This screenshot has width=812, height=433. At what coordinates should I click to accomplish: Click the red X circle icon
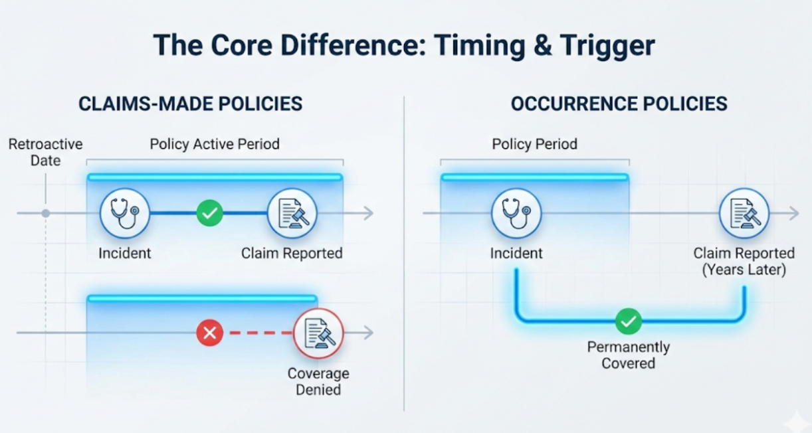209,333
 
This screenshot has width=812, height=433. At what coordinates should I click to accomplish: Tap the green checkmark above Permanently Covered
628,321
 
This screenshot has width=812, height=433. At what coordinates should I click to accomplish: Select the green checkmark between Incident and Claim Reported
209,213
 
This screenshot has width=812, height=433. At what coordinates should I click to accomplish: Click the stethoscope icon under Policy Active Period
125,213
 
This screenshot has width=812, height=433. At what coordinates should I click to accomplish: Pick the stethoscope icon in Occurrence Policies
516,213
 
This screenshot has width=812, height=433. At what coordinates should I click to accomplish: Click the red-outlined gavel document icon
318,333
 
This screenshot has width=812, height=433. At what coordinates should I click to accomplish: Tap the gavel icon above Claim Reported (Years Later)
744,213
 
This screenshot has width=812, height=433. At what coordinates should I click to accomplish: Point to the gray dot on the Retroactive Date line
46,213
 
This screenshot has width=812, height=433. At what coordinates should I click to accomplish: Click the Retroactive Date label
46,152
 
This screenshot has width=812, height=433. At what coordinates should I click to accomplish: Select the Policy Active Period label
215,144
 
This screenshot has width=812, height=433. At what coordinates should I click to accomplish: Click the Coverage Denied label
318,382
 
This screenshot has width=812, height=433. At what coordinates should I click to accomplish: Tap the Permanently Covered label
628,355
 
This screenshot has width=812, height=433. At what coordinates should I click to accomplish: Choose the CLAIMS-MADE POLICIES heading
190,104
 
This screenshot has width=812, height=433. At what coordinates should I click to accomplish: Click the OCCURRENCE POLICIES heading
619,104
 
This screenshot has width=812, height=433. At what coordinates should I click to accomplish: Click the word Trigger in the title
607,46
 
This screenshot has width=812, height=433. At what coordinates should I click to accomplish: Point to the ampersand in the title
543,46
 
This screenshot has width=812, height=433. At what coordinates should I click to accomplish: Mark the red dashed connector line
261,333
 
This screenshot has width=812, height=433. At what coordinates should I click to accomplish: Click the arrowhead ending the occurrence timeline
794,213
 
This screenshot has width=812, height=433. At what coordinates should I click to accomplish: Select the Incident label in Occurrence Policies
516,253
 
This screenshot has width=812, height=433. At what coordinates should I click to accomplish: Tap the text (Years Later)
744,270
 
